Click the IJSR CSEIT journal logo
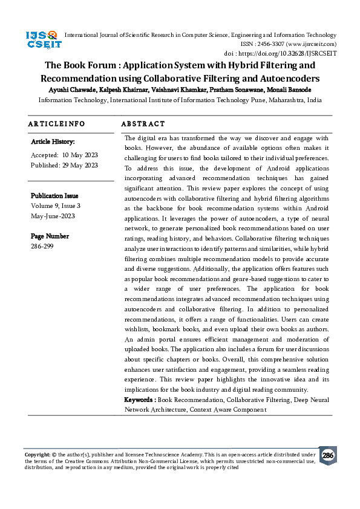pos(41,41)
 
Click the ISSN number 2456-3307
pos(276,44)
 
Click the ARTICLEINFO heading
pos(56,124)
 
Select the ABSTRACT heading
pos(143,124)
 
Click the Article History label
pos(53,142)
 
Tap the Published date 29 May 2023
pos(80,164)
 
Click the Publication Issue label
pos(54,196)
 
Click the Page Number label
pos(50,236)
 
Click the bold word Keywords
pos(139,400)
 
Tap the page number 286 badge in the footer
pos(327,455)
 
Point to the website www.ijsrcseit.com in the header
pos(312,44)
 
